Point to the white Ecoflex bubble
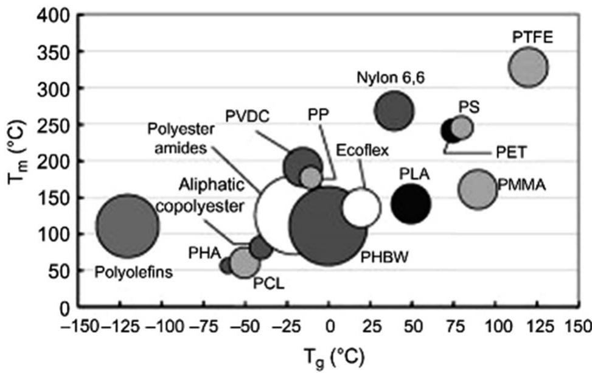click(361, 207)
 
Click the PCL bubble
click(245, 263)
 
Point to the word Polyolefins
click(134, 271)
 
